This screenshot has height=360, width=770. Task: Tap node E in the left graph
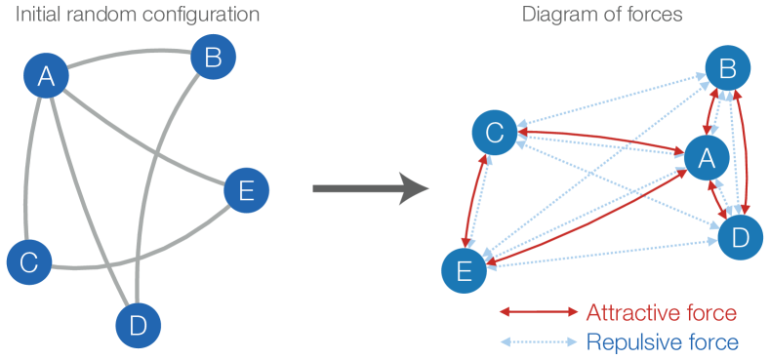coord(247,190)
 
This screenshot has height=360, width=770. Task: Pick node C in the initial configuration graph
coord(29,261)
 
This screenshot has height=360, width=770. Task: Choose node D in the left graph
coord(138,326)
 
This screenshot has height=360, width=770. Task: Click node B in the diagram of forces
coord(729,68)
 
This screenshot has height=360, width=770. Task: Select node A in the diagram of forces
coord(706,156)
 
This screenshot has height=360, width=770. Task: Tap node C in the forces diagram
coord(494,134)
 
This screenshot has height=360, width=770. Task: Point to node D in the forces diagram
coord(741,236)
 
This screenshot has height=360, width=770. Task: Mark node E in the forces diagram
coord(464,270)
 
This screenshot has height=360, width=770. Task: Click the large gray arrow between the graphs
coord(371,186)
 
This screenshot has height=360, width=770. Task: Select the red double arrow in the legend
coord(539,312)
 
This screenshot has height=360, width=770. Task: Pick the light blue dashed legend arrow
coord(539,341)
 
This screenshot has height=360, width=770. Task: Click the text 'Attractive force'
coord(661,312)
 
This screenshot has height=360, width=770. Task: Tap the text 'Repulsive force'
coord(662,341)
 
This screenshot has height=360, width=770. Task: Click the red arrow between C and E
coord(478,202)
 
